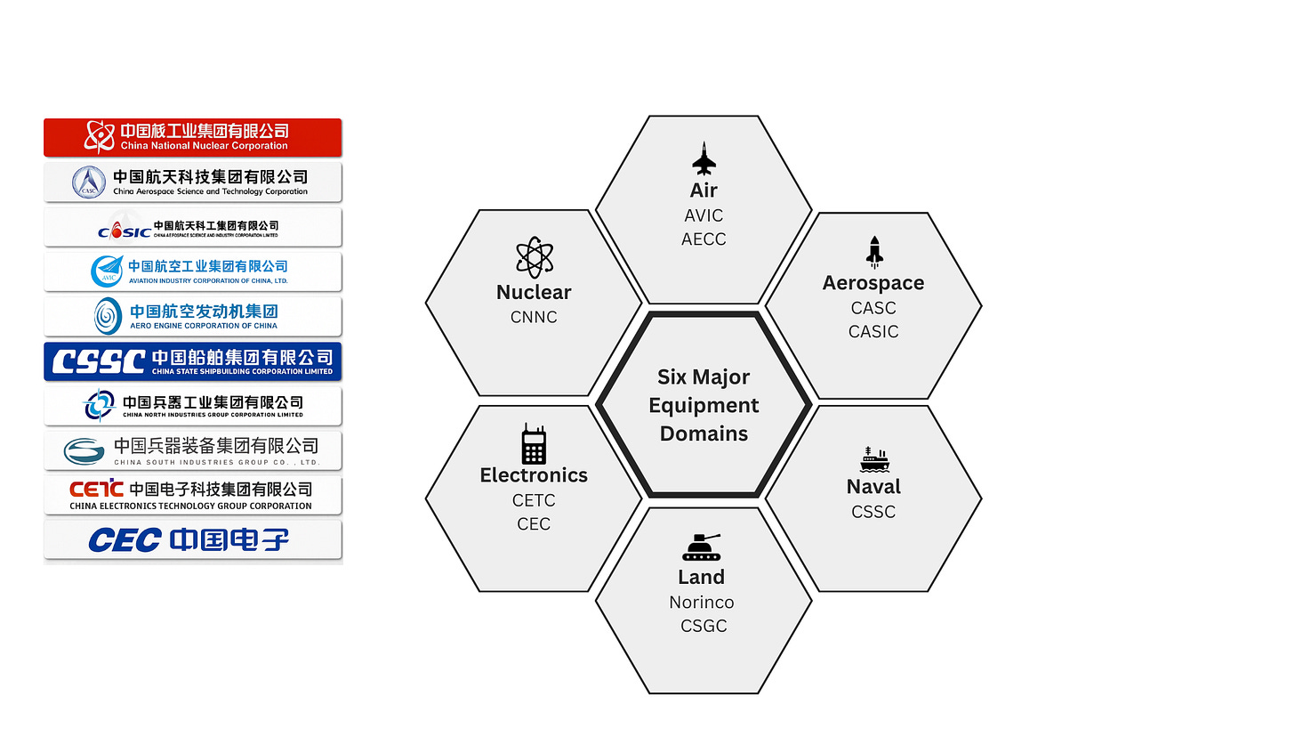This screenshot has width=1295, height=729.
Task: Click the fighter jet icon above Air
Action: tap(704, 158)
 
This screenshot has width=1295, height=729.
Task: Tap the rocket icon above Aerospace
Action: tap(874, 252)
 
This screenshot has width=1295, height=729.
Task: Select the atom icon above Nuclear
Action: tap(534, 257)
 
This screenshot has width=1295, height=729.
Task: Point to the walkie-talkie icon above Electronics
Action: tap(534, 443)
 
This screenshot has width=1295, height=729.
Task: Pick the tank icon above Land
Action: tap(702, 547)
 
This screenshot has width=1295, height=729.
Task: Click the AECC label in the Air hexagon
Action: tap(704, 239)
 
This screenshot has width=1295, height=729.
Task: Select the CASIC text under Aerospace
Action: tap(873, 332)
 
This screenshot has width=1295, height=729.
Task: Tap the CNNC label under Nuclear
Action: tap(534, 317)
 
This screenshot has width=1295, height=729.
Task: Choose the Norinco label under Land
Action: tap(702, 603)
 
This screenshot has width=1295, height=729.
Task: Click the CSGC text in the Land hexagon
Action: tap(704, 627)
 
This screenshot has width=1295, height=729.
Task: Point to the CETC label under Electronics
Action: tap(534, 500)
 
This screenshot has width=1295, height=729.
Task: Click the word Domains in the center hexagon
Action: tap(704, 433)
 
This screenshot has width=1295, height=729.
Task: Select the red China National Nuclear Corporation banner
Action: tap(193, 137)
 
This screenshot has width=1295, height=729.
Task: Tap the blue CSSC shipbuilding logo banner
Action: tap(193, 361)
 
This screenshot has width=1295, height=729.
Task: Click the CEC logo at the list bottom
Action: tap(193, 540)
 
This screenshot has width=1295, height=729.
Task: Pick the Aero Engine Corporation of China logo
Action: tap(193, 316)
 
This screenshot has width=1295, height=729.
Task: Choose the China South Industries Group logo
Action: tap(193, 450)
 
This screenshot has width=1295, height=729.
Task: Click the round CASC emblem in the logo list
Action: tap(89, 182)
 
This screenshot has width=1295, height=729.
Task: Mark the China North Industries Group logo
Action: tap(193, 406)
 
